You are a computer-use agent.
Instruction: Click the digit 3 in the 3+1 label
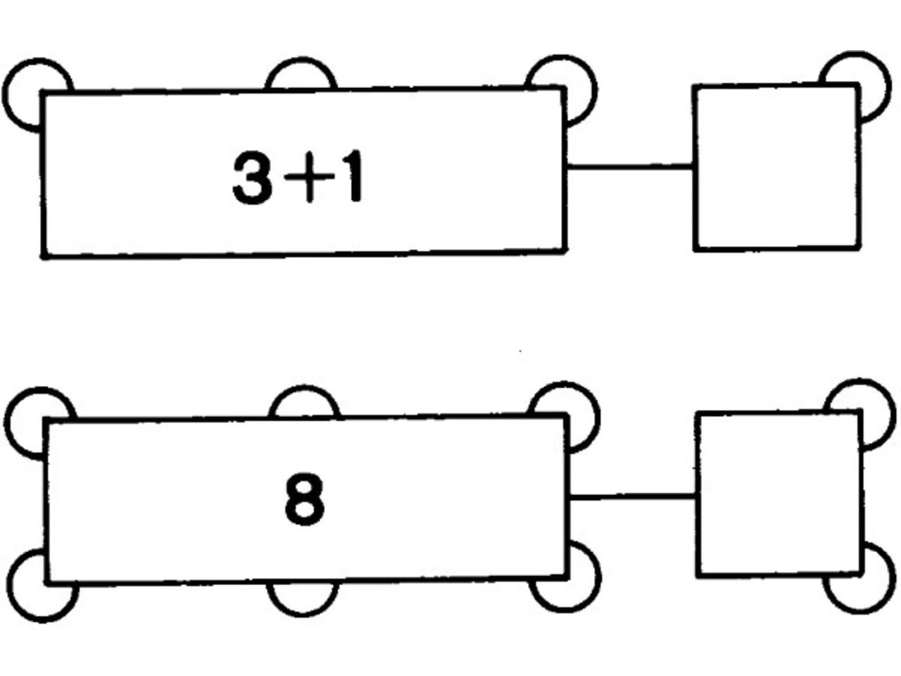pos(252,177)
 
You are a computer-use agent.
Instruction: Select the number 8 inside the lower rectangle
pos(304,499)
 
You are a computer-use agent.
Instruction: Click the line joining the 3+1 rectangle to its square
pos(630,166)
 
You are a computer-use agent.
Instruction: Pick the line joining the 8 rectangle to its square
pos(633,497)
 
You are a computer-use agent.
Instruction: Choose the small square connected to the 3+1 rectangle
pos(776,168)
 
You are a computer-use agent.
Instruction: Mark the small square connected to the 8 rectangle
pos(779,494)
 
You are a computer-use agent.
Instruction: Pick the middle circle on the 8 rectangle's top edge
pos(304,387)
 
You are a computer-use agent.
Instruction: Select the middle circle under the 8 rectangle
pos(303,614)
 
